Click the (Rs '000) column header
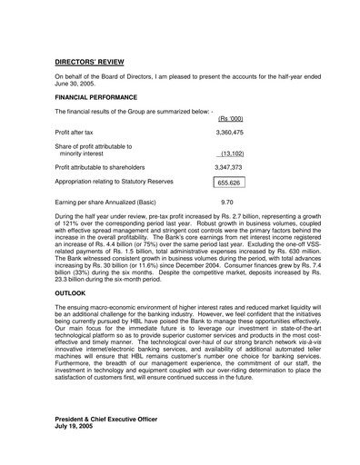(x=231, y=118)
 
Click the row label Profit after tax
(x=78, y=133)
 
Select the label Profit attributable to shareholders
(x=110, y=168)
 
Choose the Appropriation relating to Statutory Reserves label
(x=125, y=183)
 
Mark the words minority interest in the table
(x=82, y=154)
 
